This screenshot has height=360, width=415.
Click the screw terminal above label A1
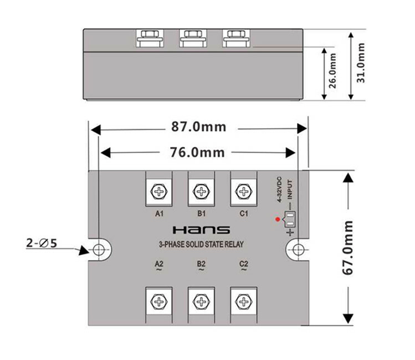(x=158, y=191)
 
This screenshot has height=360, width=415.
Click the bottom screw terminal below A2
(x=158, y=302)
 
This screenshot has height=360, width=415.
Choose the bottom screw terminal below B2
(x=201, y=302)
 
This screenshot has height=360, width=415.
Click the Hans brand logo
(x=201, y=229)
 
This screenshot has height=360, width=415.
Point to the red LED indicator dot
(x=278, y=219)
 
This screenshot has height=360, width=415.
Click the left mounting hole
(x=99, y=249)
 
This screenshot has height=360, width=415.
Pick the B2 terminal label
(x=201, y=264)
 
